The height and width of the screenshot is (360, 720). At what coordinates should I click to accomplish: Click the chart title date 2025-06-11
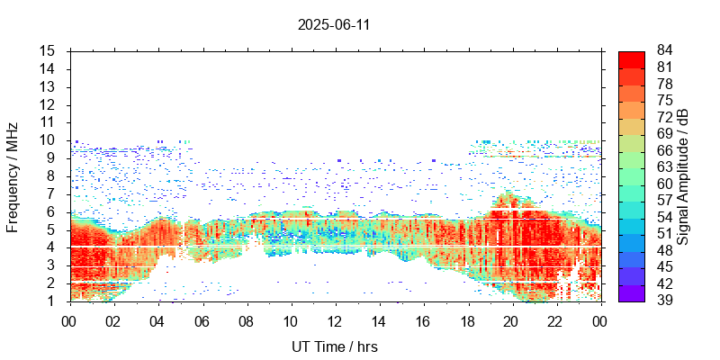(334, 24)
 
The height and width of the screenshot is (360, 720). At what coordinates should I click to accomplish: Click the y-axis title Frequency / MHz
(13, 175)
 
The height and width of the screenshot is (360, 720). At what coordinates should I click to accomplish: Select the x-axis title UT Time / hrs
(334, 346)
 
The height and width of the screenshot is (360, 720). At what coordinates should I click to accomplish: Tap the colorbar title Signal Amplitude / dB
(683, 175)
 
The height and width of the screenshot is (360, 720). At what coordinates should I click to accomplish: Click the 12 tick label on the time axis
(335, 320)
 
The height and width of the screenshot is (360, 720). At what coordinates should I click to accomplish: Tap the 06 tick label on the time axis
(202, 320)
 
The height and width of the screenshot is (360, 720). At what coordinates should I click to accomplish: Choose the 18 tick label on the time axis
(468, 320)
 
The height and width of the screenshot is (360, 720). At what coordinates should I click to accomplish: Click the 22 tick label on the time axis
(556, 320)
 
